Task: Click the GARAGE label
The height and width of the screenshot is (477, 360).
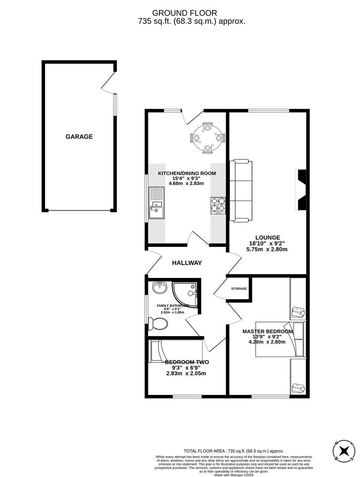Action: click(x=79, y=137)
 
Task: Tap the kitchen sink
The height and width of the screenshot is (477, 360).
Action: click(x=156, y=203)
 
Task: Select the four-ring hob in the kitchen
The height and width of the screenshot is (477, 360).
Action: click(x=218, y=205)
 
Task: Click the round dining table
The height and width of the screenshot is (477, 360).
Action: click(x=207, y=138)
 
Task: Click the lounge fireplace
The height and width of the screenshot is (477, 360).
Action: click(x=302, y=190)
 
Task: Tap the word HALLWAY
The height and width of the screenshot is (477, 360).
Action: click(x=187, y=263)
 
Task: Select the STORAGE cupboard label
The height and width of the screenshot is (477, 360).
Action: click(x=239, y=289)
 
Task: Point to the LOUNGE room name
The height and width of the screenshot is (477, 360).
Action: click(x=264, y=238)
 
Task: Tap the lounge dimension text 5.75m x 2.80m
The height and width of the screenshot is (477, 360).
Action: click(x=267, y=249)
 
